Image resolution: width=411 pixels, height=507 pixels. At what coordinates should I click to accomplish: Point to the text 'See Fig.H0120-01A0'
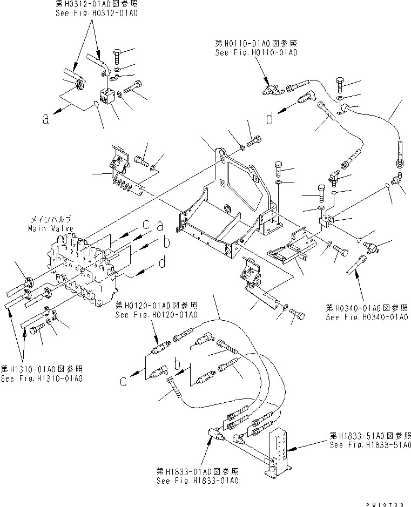point(156,315)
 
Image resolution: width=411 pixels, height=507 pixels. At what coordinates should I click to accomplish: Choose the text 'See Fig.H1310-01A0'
point(42,378)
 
